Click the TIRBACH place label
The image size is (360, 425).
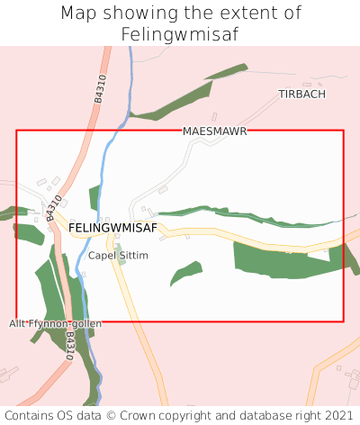point(302,94)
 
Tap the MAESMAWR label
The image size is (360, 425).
point(214,131)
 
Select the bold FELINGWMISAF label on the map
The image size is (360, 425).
point(112,228)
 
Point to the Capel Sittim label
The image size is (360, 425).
point(118,256)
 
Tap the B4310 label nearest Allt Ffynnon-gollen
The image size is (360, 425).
point(69,347)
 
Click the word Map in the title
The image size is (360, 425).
point(80,14)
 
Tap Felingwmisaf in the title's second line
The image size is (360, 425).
point(180,34)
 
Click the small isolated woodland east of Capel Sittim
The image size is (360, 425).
point(186,272)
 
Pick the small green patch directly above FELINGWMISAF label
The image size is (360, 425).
point(94,197)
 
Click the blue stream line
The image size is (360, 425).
point(110,144)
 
